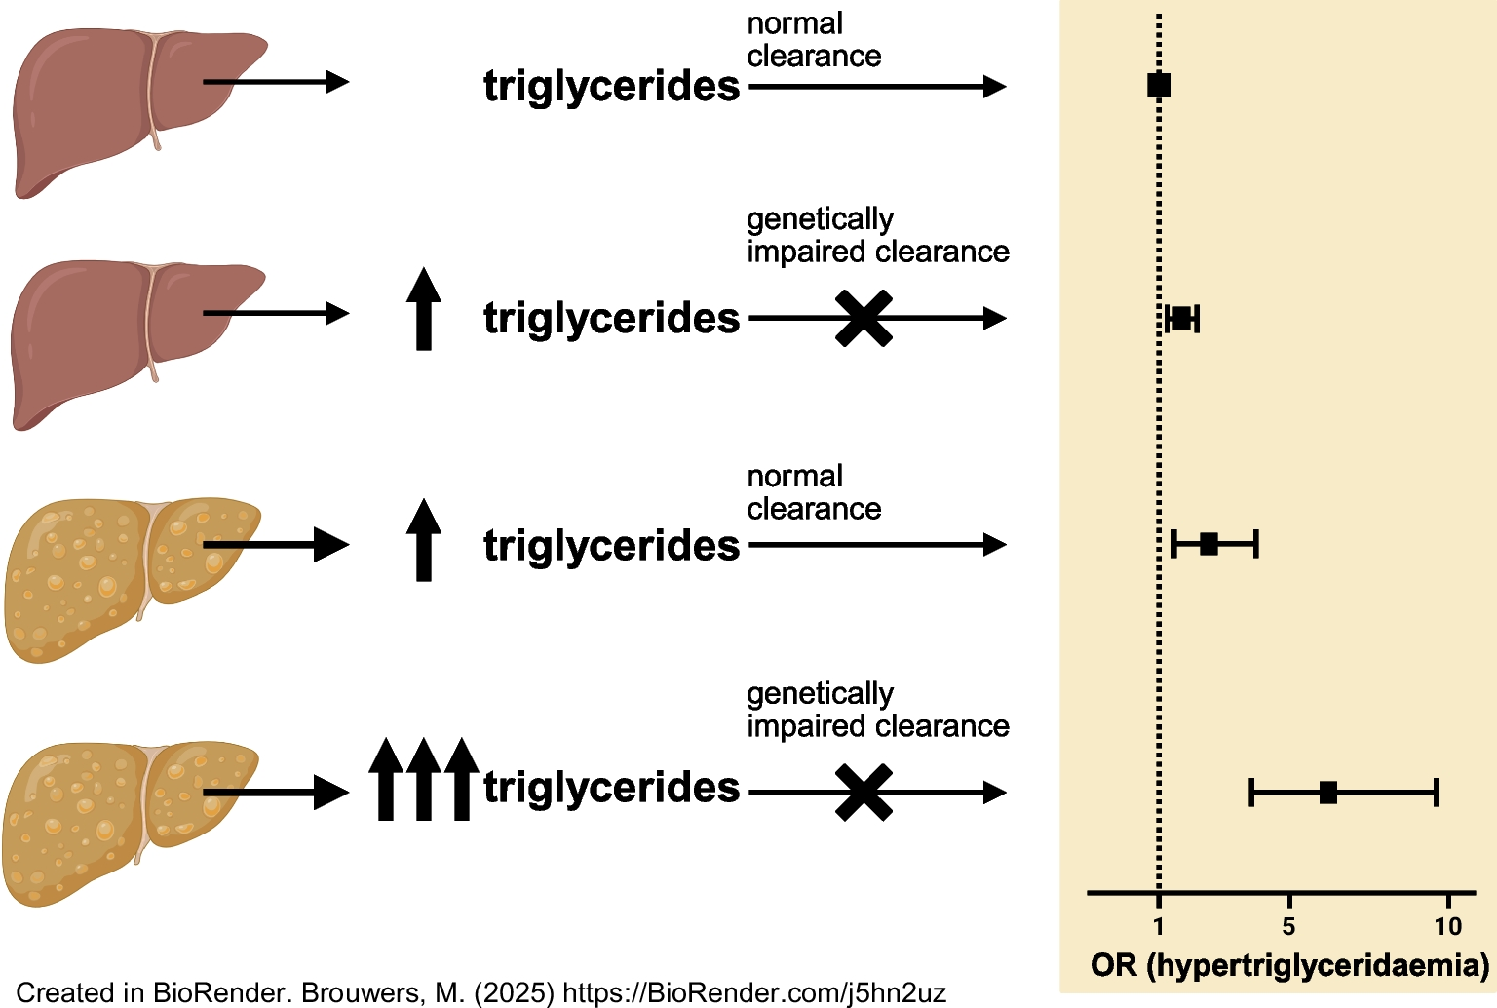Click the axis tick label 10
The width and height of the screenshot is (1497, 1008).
pos(1448,926)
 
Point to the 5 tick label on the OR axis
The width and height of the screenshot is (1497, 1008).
pos(1288,926)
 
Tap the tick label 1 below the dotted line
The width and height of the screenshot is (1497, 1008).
pos(1159,926)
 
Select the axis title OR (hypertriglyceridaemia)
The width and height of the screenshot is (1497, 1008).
pos(1289,965)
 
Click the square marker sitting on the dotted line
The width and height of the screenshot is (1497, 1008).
pos(1159,86)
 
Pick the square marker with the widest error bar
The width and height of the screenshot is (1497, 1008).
pos(1327,793)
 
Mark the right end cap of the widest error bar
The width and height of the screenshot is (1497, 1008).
pos(1437,793)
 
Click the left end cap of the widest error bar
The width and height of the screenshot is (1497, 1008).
pos(1251,793)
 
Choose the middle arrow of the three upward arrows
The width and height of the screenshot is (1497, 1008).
pos(423,780)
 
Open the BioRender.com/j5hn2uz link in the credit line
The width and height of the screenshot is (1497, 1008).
pos(754,993)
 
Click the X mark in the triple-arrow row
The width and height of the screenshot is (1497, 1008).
pos(864,793)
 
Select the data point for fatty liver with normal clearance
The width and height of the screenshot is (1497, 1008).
pos(1209,544)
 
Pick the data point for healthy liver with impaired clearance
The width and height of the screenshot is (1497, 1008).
pos(1182,318)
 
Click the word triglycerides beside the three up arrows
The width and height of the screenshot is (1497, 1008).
pos(611,787)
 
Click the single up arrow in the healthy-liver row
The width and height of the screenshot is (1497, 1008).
pos(423,309)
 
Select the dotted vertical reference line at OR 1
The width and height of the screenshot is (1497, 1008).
pos(1159,439)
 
